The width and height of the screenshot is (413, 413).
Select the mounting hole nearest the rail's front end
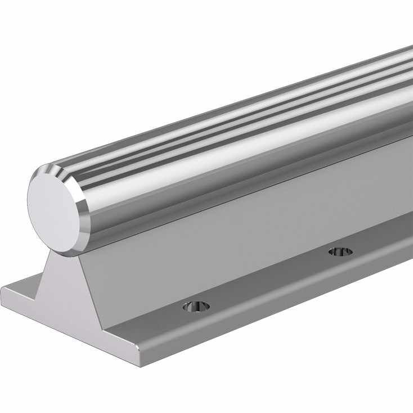coord(196,306)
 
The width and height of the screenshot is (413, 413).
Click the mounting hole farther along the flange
coord(341,251)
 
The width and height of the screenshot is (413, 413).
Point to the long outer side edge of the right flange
coord(281,315)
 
